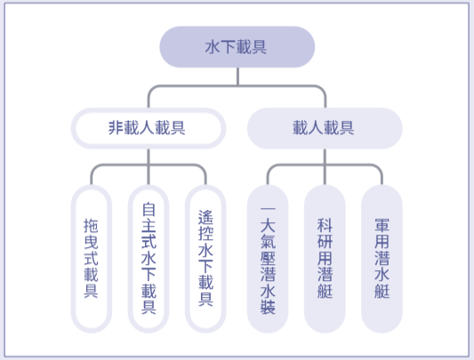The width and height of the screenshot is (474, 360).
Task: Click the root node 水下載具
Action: point(237,47)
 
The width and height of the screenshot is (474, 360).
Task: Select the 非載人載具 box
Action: point(149,128)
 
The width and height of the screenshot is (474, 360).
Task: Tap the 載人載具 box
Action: point(325,128)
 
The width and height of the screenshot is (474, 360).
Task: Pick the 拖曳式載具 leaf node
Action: point(92,259)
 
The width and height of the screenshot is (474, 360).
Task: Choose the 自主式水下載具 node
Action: point(149,259)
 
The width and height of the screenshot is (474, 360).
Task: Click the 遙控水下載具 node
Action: point(205,259)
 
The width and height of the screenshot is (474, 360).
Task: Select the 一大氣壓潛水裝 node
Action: point(268,259)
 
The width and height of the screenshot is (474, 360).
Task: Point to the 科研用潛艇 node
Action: point(325,259)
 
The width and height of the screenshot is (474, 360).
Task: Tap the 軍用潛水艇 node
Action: point(382,259)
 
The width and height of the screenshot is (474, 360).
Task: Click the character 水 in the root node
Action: point(213,47)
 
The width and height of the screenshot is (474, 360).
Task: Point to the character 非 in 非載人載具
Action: point(116,128)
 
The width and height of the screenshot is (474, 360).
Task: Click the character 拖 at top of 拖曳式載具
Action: point(91,226)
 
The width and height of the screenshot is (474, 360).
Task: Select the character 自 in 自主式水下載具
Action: point(149,210)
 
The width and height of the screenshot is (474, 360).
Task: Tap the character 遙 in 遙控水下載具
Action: point(205,218)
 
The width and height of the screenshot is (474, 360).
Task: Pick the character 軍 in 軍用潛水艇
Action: point(382,226)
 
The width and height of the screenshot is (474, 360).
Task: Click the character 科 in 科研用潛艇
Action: point(325,226)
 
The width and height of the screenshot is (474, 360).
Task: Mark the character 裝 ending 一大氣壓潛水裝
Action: point(268,308)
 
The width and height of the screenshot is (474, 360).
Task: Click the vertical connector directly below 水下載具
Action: point(237,76)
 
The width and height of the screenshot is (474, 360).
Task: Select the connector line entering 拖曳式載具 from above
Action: point(92,175)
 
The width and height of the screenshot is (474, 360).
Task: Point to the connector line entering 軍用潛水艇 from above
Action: point(382,175)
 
